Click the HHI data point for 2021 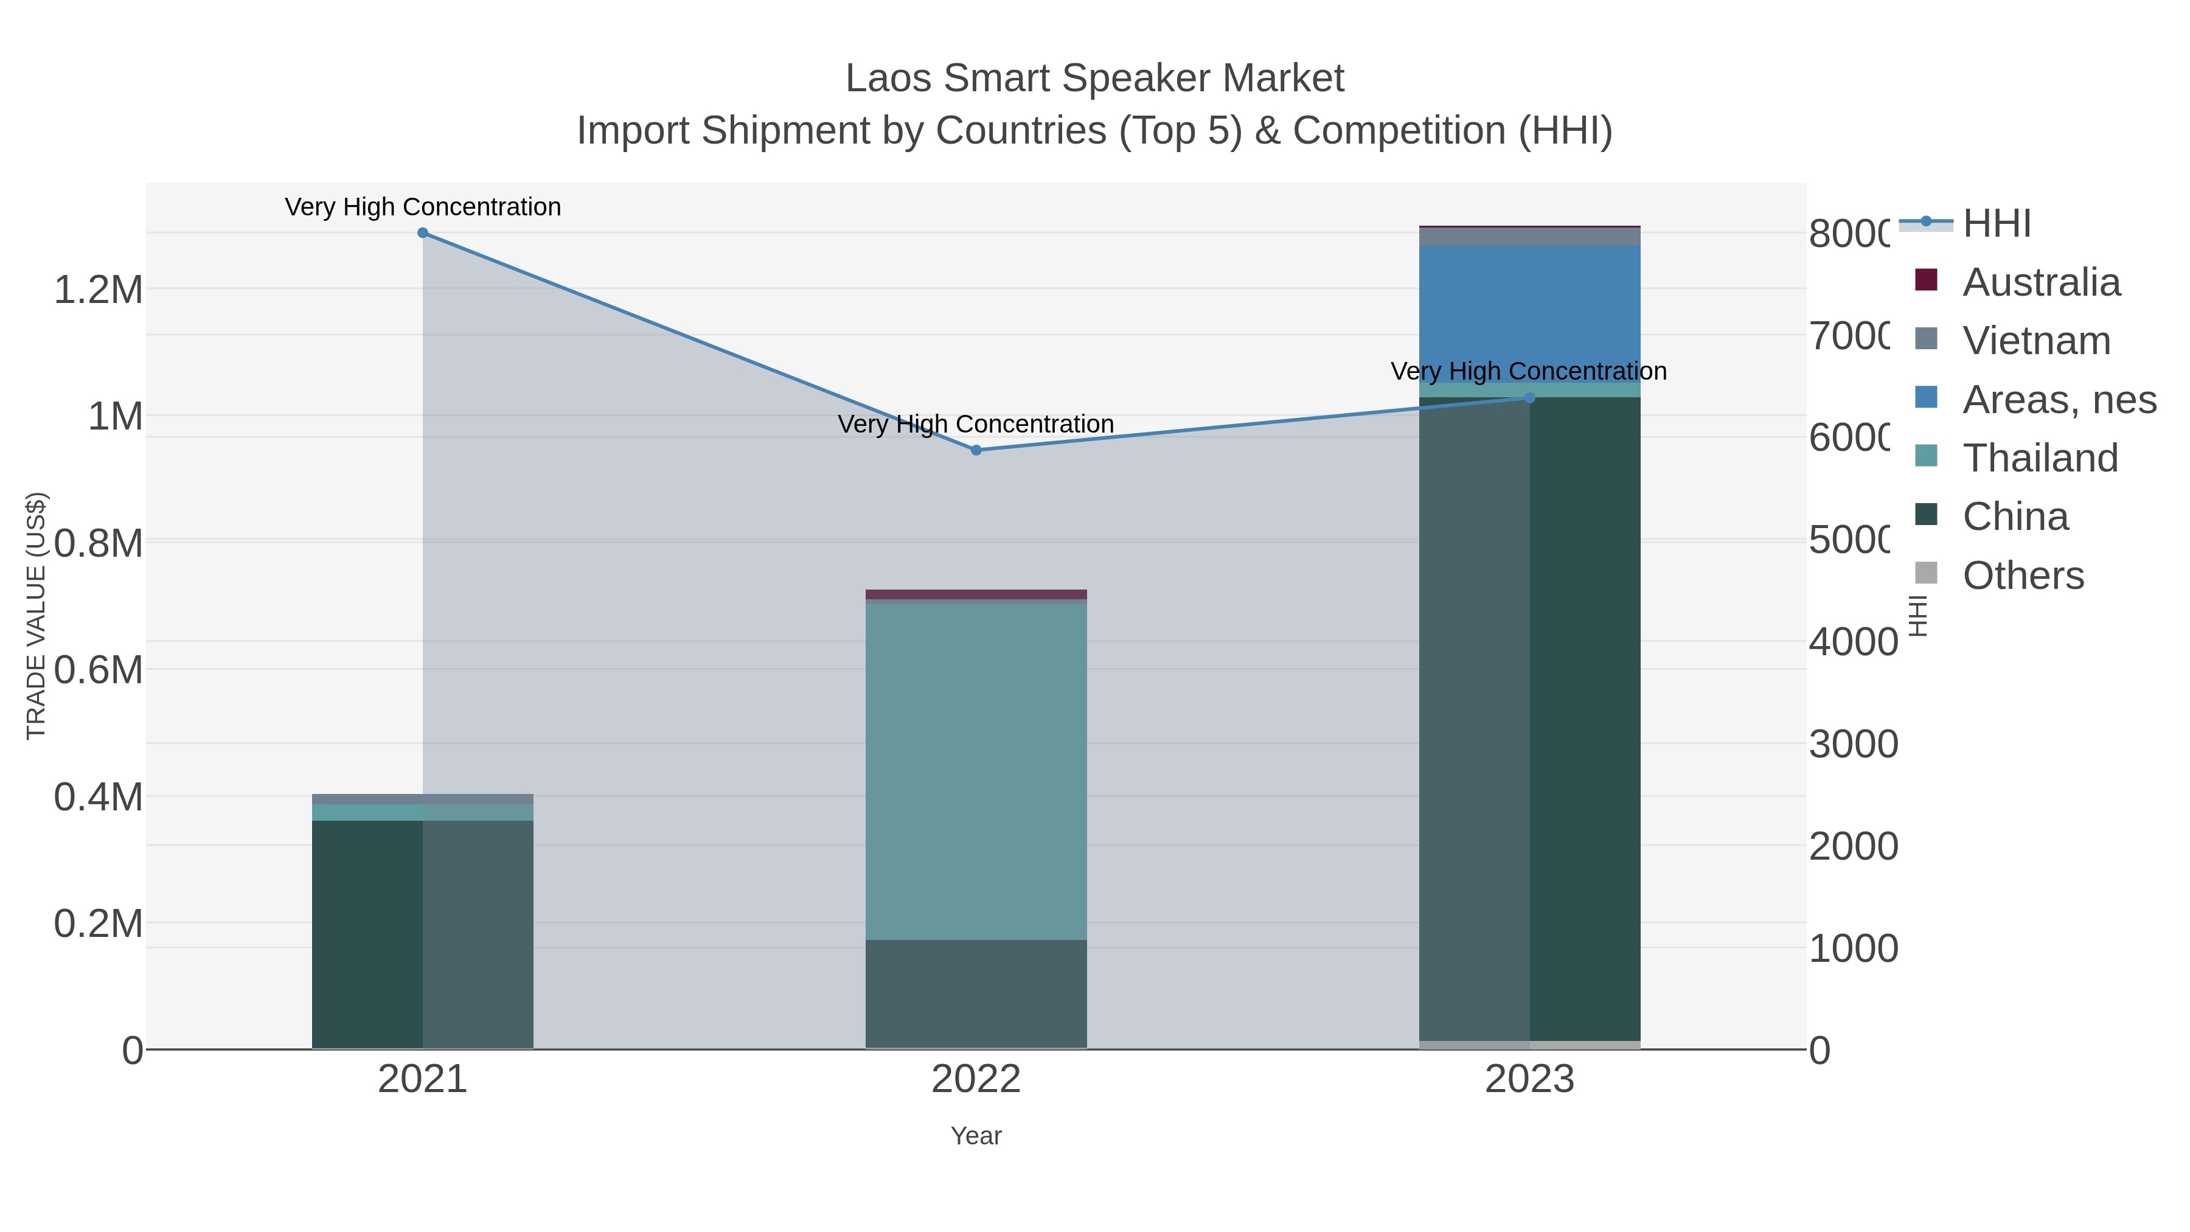point(423,233)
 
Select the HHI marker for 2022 point(976,450)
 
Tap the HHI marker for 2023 point(1529,398)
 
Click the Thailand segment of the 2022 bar point(976,770)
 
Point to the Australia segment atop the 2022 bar point(976,594)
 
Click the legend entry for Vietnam point(2035,341)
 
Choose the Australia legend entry point(2040,282)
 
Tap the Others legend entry point(2023,576)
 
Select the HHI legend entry point(1995,224)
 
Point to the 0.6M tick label point(98,670)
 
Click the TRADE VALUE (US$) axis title point(36,616)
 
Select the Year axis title point(976,1136)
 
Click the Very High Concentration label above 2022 point(975,423)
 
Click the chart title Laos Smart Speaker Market point(1094,78)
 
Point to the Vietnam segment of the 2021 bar point(423,799)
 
